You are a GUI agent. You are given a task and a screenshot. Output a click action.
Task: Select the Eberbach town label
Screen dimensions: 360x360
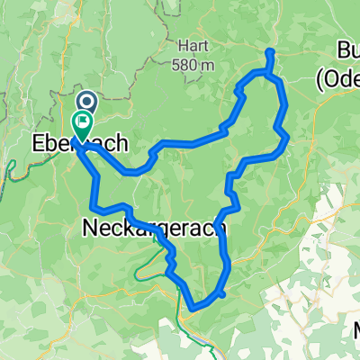pos(79,143)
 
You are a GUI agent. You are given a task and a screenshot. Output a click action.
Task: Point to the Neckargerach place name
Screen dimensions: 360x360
pos(156,229)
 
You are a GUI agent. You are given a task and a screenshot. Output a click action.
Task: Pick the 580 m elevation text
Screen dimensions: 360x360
pos(193,65)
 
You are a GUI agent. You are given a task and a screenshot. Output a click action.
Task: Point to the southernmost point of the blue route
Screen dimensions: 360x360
pos(195,311)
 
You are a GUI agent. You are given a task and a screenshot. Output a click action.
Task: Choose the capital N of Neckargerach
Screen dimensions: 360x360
pos(91,229)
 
